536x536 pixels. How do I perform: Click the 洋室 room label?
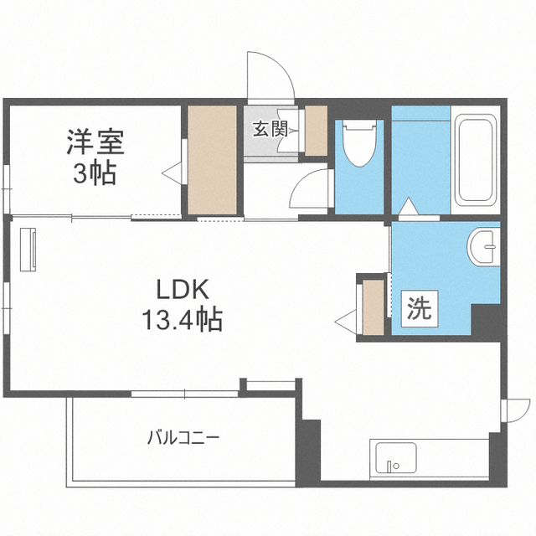[95, 142]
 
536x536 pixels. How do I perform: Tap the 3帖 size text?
[95, 173]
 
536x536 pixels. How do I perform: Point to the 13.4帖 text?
[183, 319]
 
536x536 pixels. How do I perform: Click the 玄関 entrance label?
[271, 129]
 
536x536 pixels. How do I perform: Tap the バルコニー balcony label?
[183, 438]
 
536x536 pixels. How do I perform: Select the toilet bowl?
[359, 143]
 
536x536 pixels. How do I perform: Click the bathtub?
[476, 162]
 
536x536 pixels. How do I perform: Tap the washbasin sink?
[482, 246]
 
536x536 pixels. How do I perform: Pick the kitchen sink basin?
[395, 458]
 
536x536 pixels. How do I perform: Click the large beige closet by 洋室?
[212, 160]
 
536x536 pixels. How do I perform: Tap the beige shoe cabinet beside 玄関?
[317, 131]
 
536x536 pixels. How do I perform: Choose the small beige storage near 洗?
[374, 307]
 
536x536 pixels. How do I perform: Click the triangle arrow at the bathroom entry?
[409, 207]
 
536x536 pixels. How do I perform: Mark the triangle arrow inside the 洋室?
[172, 170]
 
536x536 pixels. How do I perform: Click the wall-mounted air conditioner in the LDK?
[28, 250]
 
